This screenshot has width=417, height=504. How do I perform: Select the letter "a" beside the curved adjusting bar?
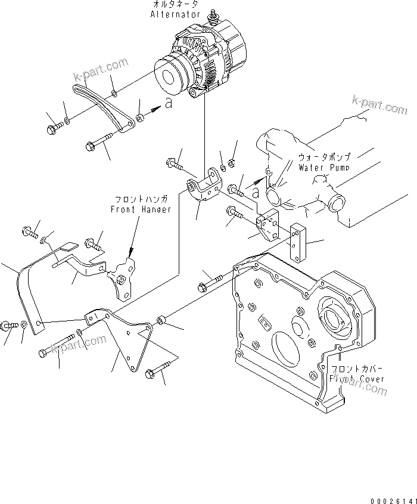click(x=169, y=103)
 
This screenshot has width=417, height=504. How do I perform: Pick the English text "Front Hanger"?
click(x=141, y=209)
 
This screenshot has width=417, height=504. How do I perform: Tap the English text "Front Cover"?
click(x=358, y=379)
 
